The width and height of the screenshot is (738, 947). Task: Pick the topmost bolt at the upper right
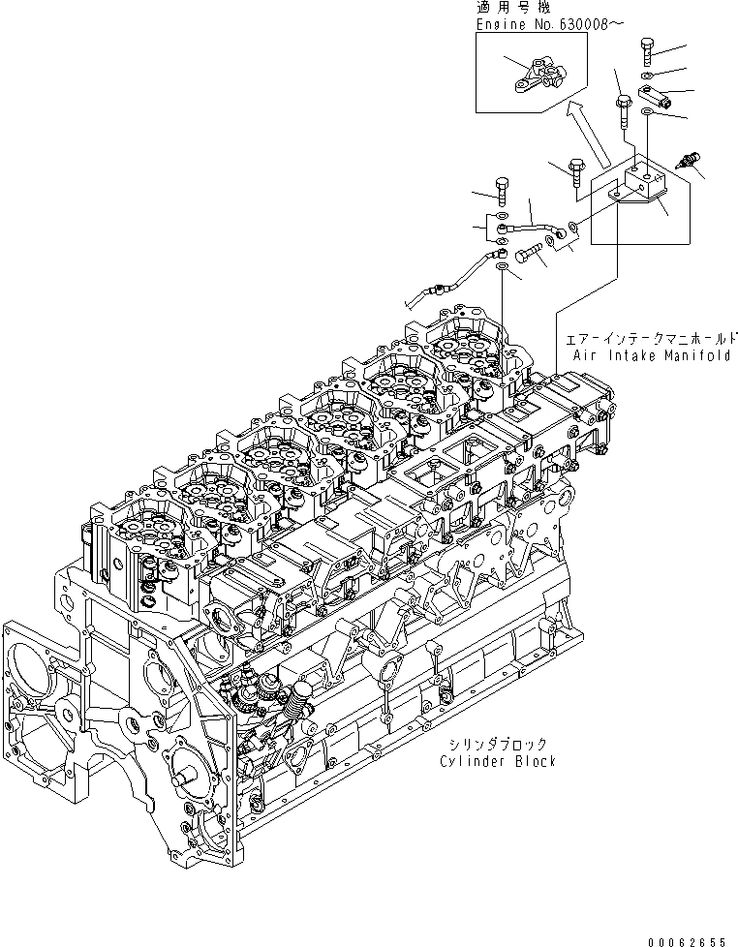point(648,48)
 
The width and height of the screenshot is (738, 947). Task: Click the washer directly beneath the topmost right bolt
point(648,76)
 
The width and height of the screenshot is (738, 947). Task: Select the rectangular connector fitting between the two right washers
point(651,96)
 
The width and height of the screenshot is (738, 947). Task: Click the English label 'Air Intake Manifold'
point(655,355)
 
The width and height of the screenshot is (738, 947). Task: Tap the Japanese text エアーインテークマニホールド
point(655,339)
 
